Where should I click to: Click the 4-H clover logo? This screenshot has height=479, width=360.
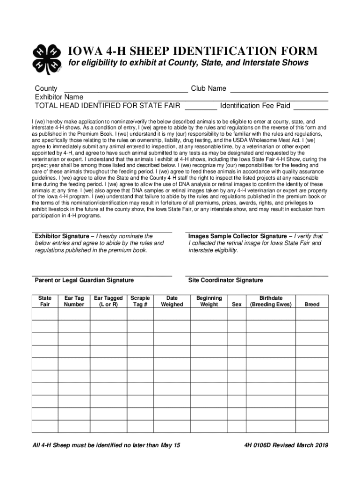[x=47, y=59]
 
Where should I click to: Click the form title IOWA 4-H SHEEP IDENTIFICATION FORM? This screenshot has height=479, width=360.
[x=193, y=51]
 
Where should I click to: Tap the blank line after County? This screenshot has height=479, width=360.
[x=125, y=89]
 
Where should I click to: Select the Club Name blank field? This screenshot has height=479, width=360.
[x=279, y=89]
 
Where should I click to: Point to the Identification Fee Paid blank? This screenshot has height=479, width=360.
[x=311, y=106]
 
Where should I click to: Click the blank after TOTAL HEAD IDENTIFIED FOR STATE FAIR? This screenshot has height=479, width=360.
[x=201, y=106]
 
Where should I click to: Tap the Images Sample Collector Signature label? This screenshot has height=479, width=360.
[x=238, y=236]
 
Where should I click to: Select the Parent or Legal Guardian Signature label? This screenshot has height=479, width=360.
[x=84, y=280]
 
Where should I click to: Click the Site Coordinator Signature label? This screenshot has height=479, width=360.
[x=225, y=280]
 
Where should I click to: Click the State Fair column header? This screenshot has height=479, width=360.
[x=45, y=301]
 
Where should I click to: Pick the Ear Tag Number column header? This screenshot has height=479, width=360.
[x=74, y=301]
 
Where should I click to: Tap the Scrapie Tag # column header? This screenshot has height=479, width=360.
[x=140, y=301]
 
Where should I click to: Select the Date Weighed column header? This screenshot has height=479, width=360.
[x=172, y=301]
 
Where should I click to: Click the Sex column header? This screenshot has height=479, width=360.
[x=237, y=305]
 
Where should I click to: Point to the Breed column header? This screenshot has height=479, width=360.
[x=312, y=305]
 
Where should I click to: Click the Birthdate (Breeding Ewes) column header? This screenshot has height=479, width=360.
[x=271, y=301]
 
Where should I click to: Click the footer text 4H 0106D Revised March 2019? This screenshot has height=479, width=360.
[x=282, y=445]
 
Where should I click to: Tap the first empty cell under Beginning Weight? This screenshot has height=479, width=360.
[x=209, y=314]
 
